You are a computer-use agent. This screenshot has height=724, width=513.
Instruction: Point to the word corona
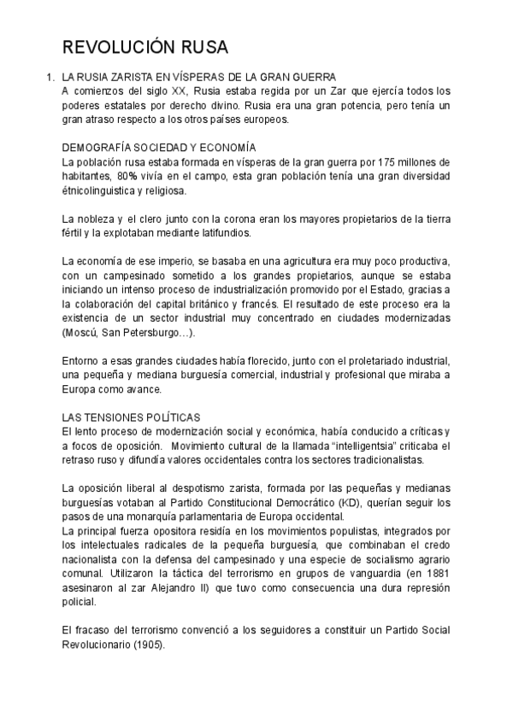click(225, 219)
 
